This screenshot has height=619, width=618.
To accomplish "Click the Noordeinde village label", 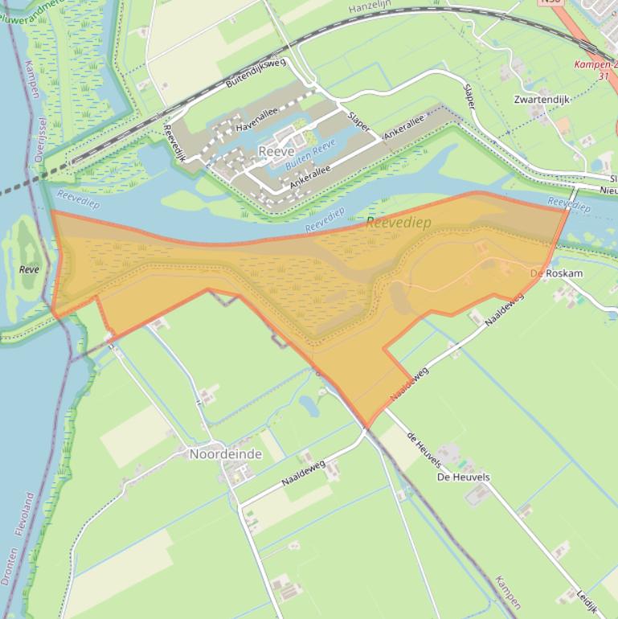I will pos(225,454).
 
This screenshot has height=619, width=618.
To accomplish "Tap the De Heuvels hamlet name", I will pos(463,477).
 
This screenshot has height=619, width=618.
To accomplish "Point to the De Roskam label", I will pos(556,273).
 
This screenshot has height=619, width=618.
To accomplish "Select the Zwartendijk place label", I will pos(542,100).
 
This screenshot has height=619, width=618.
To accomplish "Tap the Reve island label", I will pos(29,269).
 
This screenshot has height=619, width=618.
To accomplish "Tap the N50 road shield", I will pos(550,2).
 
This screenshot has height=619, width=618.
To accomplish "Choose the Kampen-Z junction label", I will pos(596,64).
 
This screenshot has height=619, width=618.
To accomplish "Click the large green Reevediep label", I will pos(399,223).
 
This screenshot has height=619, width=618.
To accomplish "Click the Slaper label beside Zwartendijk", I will pos(470,96).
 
